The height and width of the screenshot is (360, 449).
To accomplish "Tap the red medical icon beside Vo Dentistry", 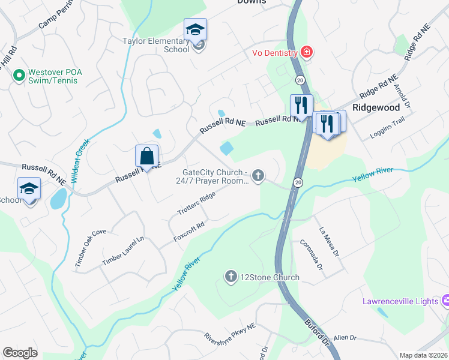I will (307, 53).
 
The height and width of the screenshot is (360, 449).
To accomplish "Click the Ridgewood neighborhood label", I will (376, 108).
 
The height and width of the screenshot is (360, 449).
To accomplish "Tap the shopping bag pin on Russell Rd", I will (147, 157).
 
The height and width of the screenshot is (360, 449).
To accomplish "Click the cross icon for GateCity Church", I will (258, 176).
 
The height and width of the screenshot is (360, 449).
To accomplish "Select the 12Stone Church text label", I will (270, 277).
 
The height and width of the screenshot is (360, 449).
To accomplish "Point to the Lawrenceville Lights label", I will (400, 301).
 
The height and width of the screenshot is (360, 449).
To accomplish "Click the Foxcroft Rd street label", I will (189, 234).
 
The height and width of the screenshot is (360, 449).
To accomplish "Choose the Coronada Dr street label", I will (313, 254).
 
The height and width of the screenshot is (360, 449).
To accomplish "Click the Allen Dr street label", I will (345, 338).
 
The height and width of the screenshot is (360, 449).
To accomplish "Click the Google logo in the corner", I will (20, 353).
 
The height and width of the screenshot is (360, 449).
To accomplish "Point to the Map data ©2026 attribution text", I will (423, 355).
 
